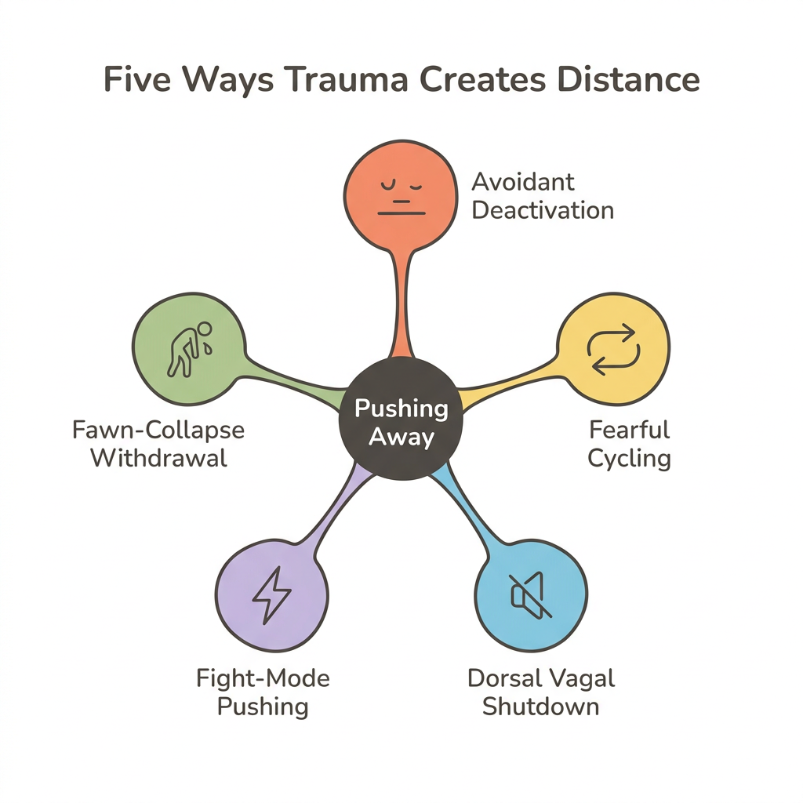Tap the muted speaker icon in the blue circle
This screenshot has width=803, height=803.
tap(532, 594)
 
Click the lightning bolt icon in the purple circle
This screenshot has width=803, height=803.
tap(271, 594)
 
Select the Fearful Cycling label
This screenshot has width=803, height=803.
tap(629, 443)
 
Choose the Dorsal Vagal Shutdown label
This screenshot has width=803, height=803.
tap(541, 691)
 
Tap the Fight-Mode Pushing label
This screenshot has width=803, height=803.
tap(263, 691)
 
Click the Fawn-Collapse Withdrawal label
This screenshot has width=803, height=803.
tap(158, 443)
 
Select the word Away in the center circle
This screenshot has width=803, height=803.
tap(401, 436)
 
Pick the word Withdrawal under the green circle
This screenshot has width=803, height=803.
tap(159, 457)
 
